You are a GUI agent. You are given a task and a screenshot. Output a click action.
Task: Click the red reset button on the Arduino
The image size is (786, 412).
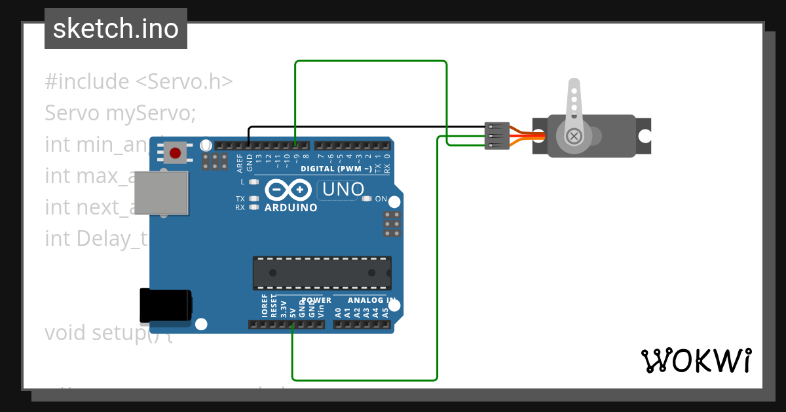175,154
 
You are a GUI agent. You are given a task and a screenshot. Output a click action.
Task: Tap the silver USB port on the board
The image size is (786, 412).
161,193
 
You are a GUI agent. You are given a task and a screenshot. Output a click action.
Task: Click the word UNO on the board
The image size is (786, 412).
341,190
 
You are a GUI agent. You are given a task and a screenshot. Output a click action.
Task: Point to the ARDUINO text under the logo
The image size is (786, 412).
291,208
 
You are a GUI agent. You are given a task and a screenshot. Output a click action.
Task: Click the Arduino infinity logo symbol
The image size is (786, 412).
288,190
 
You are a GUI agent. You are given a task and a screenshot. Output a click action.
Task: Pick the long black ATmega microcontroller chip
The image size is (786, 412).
322,273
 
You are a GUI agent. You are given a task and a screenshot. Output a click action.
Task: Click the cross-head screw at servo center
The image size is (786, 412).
574,136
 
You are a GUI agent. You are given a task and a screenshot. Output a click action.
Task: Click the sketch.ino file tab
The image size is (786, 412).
116,29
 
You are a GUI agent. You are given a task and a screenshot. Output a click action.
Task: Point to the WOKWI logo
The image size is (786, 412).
696,360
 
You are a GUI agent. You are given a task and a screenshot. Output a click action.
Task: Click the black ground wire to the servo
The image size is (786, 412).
367,127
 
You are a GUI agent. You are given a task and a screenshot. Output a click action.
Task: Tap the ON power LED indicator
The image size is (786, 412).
367,199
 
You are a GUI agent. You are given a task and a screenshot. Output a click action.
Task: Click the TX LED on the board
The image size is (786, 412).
254,198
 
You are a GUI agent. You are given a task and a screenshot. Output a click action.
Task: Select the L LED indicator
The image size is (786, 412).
254,181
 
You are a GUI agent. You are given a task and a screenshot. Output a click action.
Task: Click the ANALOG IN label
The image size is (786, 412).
371,300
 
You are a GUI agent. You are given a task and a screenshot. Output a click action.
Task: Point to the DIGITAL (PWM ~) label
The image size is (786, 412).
336,169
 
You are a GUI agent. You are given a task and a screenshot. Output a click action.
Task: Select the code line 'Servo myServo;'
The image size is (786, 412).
121,113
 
